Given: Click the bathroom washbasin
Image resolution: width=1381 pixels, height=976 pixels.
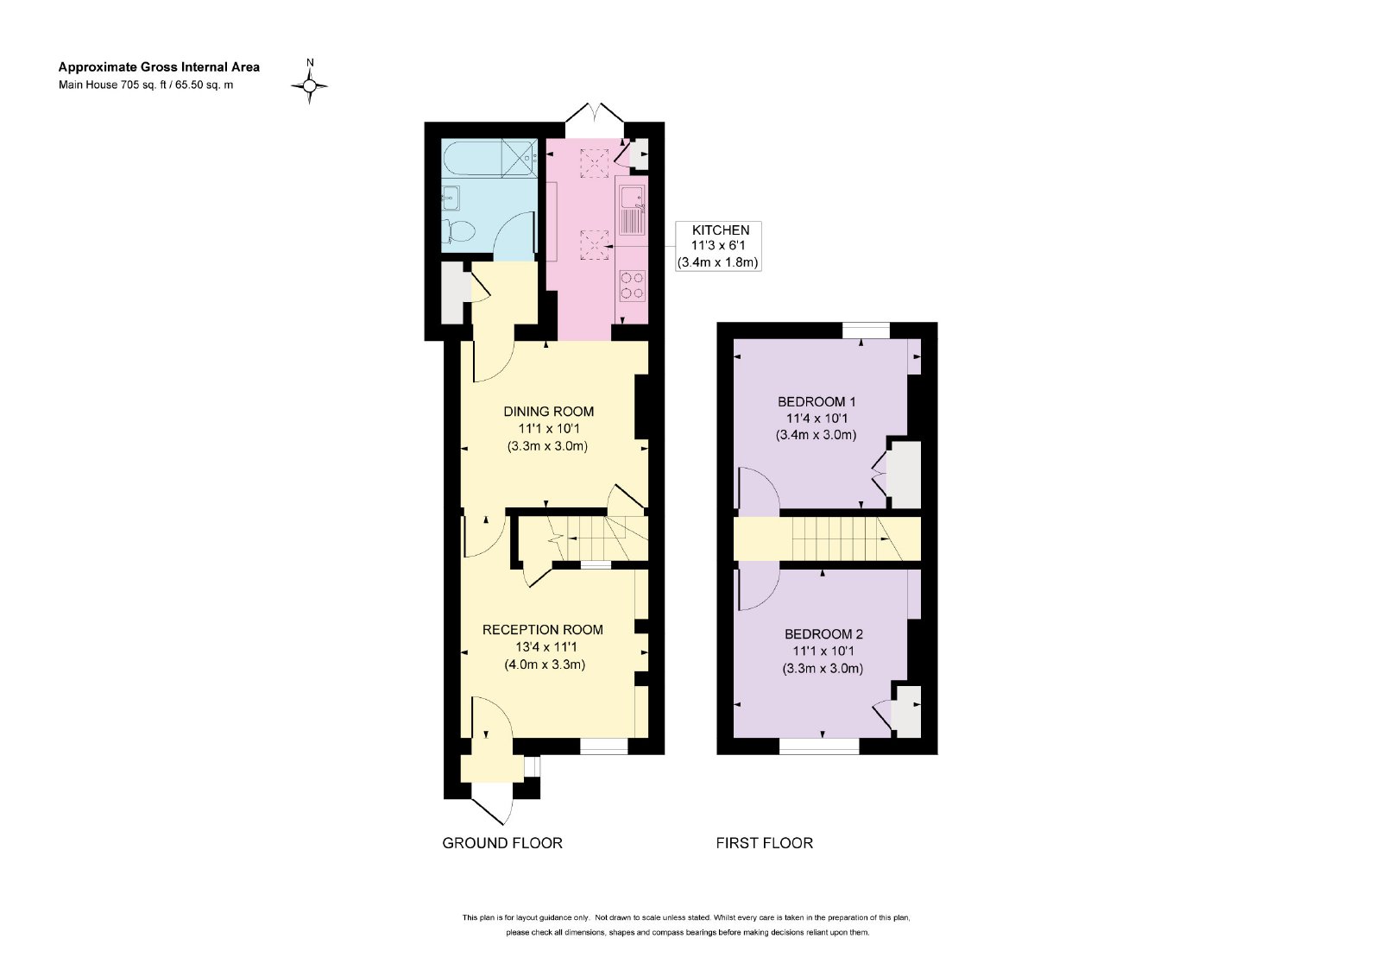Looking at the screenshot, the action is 451,198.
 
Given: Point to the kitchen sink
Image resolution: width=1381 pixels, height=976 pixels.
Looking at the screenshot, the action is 632,210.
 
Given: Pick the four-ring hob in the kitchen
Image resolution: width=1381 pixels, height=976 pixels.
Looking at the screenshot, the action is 632,287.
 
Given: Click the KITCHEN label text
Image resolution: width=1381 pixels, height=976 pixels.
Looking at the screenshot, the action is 720,230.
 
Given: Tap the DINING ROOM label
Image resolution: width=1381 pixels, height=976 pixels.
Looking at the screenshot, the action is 549,412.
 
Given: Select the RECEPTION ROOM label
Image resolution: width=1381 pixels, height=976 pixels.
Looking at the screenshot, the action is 543,629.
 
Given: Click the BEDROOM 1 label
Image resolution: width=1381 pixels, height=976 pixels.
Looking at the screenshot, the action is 817,402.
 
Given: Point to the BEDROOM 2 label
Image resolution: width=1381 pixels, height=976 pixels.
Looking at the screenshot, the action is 823,633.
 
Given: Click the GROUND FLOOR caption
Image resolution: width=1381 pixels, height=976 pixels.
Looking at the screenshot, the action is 501,843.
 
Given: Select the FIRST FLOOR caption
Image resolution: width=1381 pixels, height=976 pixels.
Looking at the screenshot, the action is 764,843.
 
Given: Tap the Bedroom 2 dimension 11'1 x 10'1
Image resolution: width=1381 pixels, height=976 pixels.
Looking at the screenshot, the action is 823,651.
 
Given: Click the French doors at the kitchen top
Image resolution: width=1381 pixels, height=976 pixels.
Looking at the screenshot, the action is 595,114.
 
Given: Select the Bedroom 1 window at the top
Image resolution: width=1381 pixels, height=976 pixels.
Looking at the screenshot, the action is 867,331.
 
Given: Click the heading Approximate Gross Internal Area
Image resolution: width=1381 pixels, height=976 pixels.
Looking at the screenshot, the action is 159,67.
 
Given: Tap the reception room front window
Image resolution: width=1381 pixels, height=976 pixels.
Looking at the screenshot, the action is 603,746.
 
